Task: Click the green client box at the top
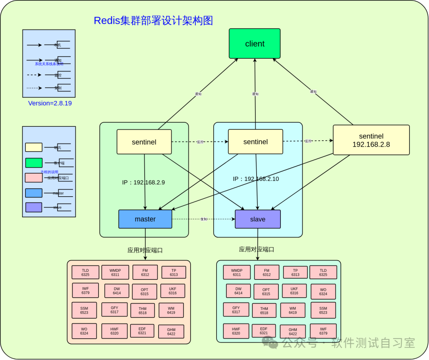[x=255, y=44]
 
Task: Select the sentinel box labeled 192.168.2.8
[x=371, y=140]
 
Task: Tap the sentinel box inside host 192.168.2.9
[x=144, y=142]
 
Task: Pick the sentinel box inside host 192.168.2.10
[x=255, y=142]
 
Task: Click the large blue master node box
[x=145, y=219]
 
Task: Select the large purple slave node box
[x=257, y=219]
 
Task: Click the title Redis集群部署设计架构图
[x=153, y=21]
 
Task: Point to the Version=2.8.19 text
[x=50, y=103]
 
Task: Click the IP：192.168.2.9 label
[x=143, y=182]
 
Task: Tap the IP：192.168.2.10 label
[x=256, y=179]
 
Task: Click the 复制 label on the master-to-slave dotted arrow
[x=204, y=219]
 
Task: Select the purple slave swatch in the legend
[x=34, y=207]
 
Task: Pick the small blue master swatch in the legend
[x=34, y=193]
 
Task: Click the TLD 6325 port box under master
[x=85, y=272]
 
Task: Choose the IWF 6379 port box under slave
[x=323, y=331]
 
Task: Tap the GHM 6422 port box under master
[x=171, y=332]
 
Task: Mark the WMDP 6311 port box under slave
[x=237, y=272]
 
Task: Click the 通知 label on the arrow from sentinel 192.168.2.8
[x=313, y=91]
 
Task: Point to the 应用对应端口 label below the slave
[x=257, y=250]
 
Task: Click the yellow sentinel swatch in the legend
[x=34, y=147]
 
